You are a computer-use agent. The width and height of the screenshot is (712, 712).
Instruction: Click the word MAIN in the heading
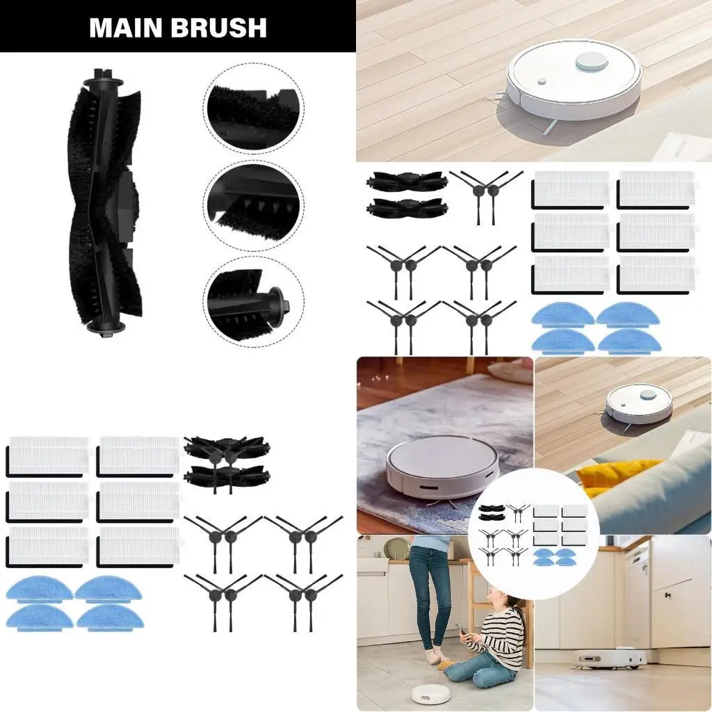[124, 28]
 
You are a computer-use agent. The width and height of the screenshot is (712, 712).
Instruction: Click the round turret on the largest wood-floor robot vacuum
[591, 62]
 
